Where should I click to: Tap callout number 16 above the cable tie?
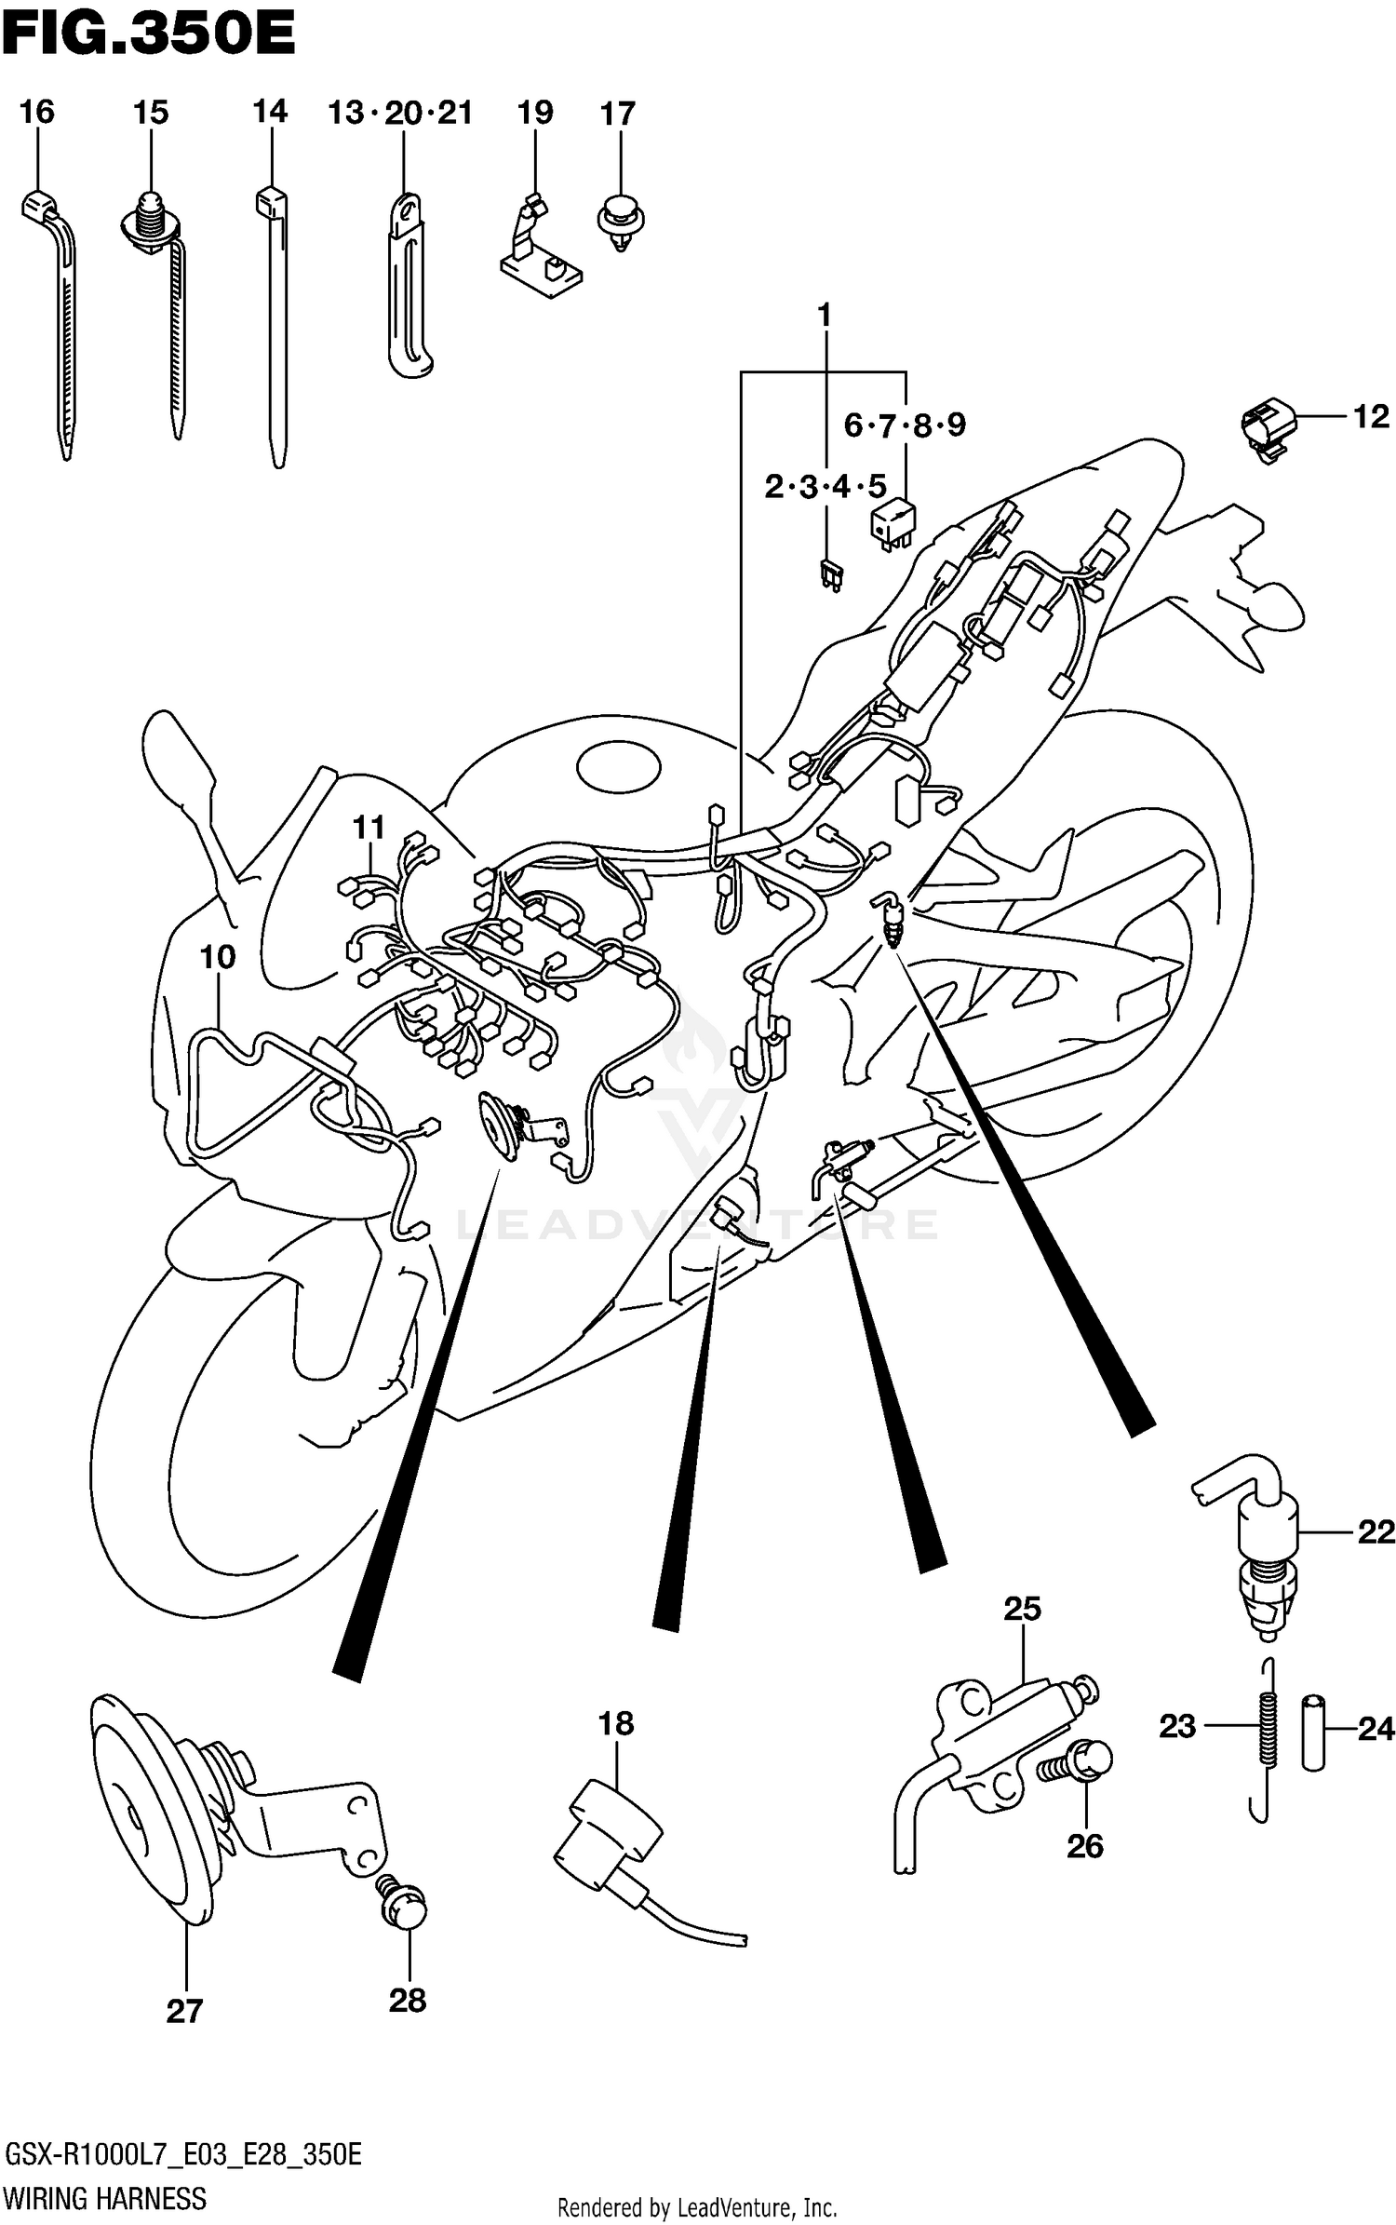[x=37, y=113]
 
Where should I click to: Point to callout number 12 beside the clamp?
[x=1370, y=416]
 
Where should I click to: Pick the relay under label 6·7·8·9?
[x=892, y=524]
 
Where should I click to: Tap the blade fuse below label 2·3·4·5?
[x=830, y=574]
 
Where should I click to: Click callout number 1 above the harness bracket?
[x=824, y=317]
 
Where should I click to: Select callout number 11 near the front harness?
[x=369, y=827]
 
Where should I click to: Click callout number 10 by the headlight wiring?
[x=218, y=956]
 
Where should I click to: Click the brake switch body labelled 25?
[x=996, y=1741]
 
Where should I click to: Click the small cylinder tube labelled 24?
[x=1312, y=1733]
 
